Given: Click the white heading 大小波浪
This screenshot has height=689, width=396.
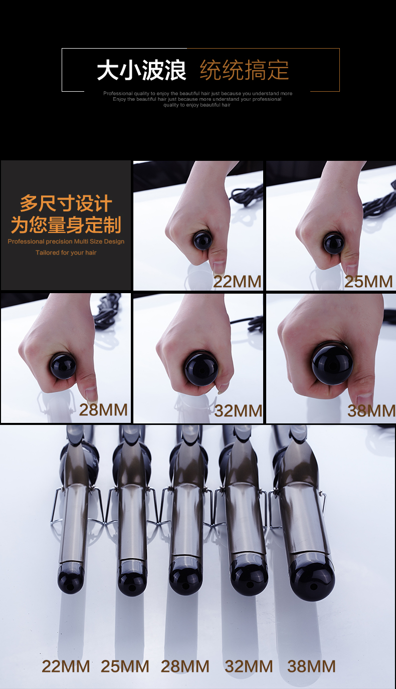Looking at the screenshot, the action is pyautogui.click(x=141, y=70).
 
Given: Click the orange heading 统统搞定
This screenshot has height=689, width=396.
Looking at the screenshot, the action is pyautogui.click(x=244, y=70).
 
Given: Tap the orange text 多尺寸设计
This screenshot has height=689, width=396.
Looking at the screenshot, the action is pyautogui.click(x=66, y=203).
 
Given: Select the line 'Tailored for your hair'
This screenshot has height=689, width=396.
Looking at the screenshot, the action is pyautogui.click(x=66, y=253).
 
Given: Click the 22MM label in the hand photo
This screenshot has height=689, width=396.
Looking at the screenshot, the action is pyautogui.click(x=237, y=282).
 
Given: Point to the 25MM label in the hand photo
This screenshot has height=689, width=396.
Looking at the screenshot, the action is pyautogui.click(x=368, y=282).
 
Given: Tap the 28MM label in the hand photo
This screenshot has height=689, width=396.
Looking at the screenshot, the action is pyautogui.click(x=103, y=410).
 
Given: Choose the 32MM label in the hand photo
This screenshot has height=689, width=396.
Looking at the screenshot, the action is pyautogui.click(x=238, y=410).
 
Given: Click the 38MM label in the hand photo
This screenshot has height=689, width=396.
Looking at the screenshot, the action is pyautogui.click(x=371, y=410).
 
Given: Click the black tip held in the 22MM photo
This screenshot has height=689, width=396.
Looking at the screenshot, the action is pyautogui.click(x=203, y=240).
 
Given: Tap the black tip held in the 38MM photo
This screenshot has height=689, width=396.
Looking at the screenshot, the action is pyautogui.click(x=332, y=364).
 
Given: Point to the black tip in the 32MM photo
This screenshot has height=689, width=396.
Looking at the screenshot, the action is pyautogui.click(x=201, y=368).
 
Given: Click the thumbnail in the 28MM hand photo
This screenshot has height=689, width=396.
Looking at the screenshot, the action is pyautogui.click(x=91, y=394).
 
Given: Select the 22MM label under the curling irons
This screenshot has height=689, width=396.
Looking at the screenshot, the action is pyautogui.click(x=66, y=666).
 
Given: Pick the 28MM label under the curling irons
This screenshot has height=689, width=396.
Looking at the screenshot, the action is pyautogui.click(x=185, y=666).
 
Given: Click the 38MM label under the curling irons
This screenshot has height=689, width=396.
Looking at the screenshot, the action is pyautogui.click(x=311, y=666).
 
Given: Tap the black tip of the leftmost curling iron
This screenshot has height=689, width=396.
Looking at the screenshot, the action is pyautogui.click(x=71, y=578).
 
